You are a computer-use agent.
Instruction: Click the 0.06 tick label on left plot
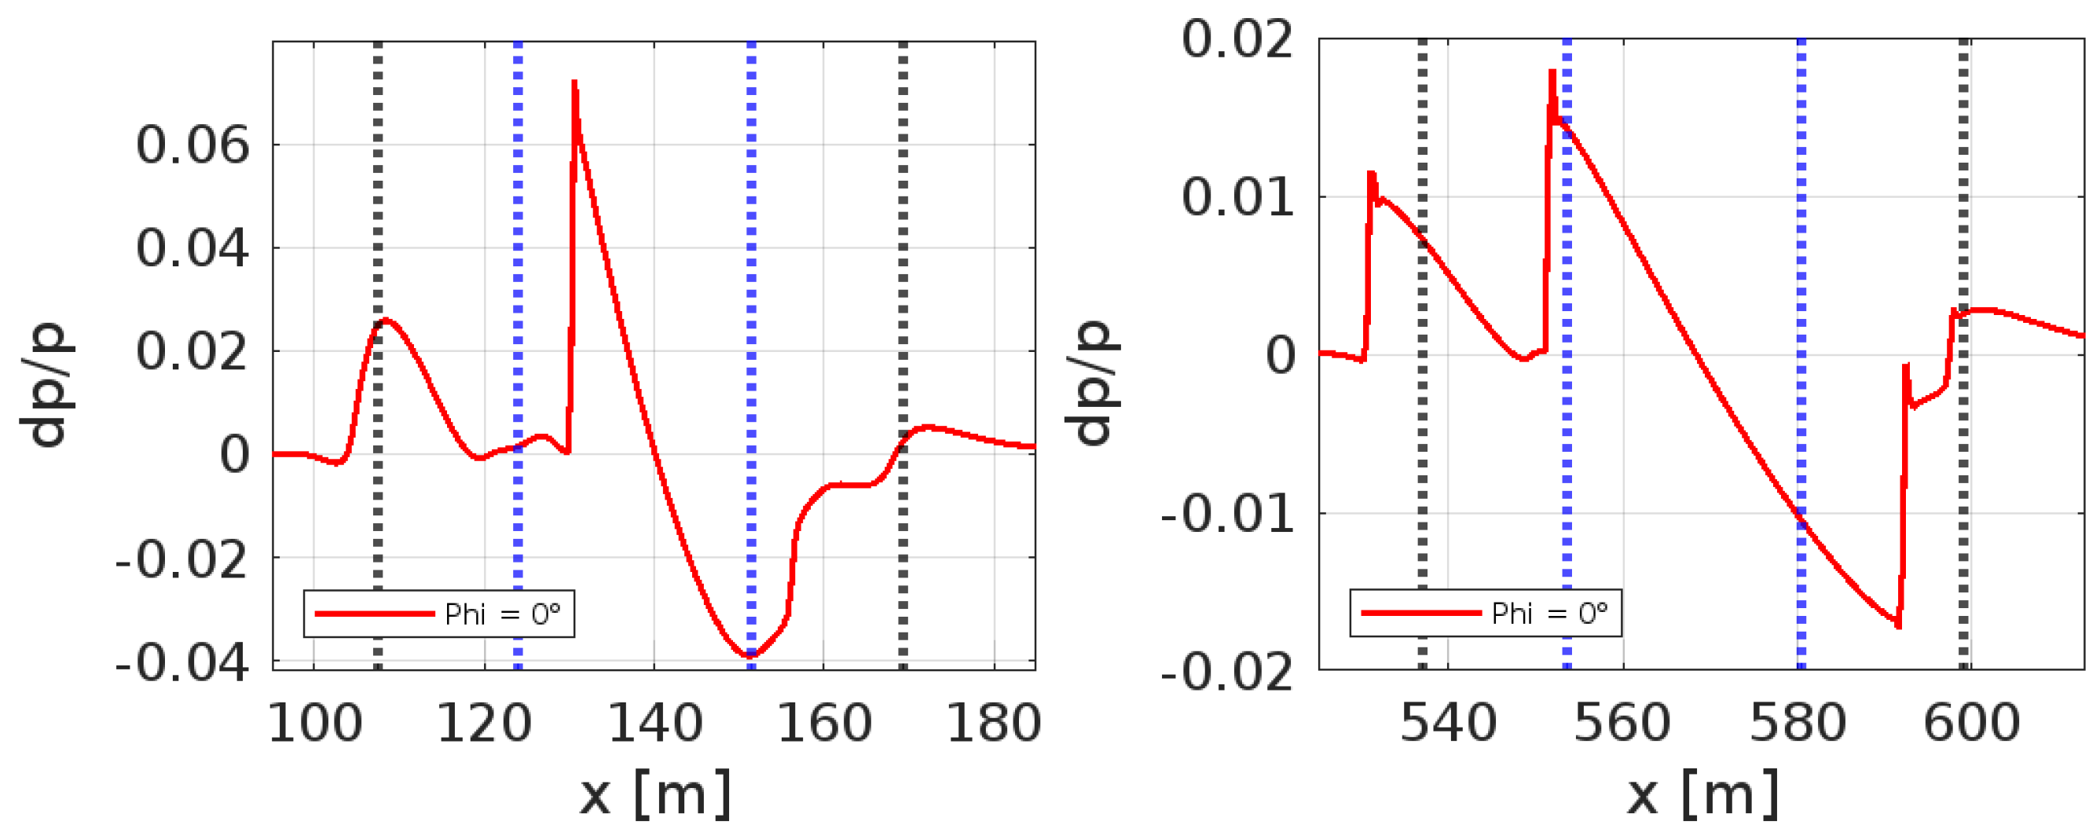click(192, 147)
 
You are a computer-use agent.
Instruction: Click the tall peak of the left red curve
click(575, 82)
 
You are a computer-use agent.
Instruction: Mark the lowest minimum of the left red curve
click(750, 655)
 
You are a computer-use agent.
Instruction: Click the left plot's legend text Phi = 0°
click(502, 614)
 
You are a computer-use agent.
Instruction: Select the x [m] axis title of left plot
click(655, 794)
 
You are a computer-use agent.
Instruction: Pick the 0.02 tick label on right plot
click(1237, 39)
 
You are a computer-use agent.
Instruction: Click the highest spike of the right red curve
click(1552, 71)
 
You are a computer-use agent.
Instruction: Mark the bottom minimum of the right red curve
click(1899, 626)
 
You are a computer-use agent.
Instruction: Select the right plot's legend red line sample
click(1420, 613)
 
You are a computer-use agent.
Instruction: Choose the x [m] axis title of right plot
click(1702, 794)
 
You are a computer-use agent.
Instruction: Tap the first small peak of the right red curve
click(1371, 173)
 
